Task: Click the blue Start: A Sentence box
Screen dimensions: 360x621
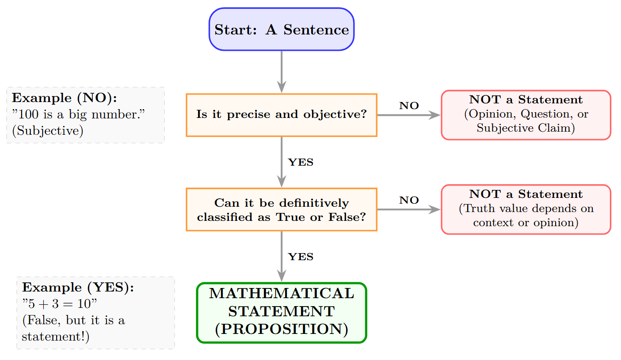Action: pyautogui.click(x=282, y=29)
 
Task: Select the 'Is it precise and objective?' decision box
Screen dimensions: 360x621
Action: pyautogui.click(x=282, y=115)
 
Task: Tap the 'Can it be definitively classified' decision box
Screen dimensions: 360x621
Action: pyautogui.click(x=282, y=209)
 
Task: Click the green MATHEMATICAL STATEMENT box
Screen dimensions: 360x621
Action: pyautogui.click(x=282, y=312)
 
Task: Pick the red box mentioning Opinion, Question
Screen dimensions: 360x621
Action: pyautogui.click(x=526, y=115)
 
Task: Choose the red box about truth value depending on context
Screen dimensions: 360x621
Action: pyautogui.click(x=526, y=209)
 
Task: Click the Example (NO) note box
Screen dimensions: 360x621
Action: pyautogui.click(x=85, y=115)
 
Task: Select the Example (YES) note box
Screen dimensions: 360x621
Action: pyautogui.click(x=95, y=313)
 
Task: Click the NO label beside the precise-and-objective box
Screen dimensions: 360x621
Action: pyautogui.click(x=409, y=106)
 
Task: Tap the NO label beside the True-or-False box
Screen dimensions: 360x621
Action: pyautogui.click(x=409, y=201)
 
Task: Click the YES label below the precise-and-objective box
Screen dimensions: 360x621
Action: pyautogui.click(x=301, y=163)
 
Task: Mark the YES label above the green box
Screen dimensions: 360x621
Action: pyautogui.click(x=301, y=257)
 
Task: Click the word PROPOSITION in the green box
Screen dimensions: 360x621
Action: pyautogui.click(x=282, y=330)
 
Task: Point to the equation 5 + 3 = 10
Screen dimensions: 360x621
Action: pyautogui.click(x=60, y=304)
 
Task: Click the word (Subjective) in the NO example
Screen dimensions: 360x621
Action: pyautogui.click(x=48, y=131)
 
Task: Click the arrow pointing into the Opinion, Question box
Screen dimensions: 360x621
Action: pyautogui.click(x=409, y=115)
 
